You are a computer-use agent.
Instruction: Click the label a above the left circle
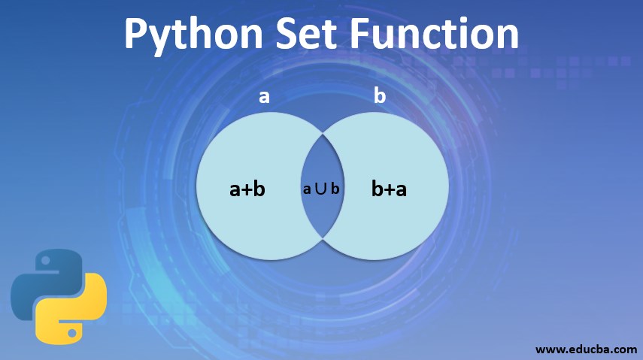[x=264, y=96]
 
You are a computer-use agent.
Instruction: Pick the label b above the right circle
[x=380, y=96]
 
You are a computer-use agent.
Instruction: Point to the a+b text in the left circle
[x=247, y=189]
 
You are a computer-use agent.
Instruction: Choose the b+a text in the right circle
[x=389, y=189]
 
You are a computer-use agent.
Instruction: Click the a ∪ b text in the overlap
[x=321, y=189]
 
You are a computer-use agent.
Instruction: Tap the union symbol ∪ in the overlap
[x=321, y=189]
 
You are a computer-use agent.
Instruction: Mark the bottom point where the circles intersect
[x=323, y=238]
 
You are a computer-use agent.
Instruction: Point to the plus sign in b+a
[x=390, y=189]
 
